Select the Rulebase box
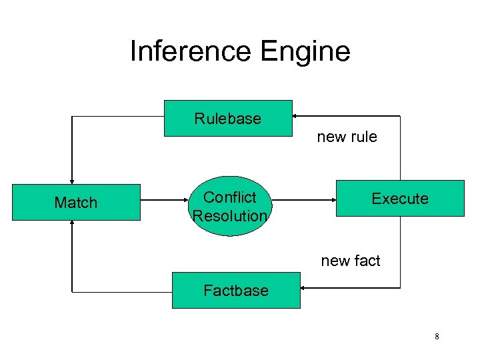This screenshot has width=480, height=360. point(228,119)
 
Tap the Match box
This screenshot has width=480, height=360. point(76,203)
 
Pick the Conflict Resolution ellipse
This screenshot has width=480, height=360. point(230,206)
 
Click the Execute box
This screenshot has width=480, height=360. point(399,199)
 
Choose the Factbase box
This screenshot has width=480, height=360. point(236,291)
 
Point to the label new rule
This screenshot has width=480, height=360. point(347,137)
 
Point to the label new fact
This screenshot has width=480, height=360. point(351,261)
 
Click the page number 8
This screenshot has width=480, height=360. point(437,337)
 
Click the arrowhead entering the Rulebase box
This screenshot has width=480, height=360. point(297,116)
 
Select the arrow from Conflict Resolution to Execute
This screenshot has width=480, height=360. point(303,198)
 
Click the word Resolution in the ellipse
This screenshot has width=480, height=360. point(230,216)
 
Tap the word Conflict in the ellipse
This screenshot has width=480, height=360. point(230,197)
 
